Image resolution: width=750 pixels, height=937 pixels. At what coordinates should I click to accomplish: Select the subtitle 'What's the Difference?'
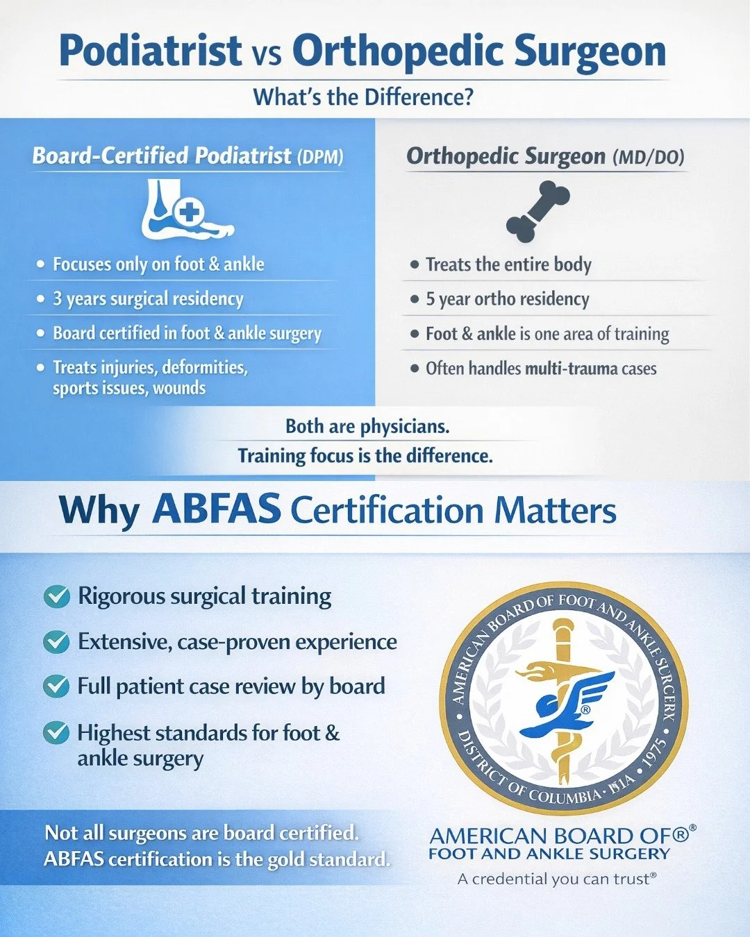(362, 96)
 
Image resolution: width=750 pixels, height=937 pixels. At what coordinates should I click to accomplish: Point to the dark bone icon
(538, 211)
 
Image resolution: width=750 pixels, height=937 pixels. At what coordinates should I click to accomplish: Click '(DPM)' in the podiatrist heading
(320, 157)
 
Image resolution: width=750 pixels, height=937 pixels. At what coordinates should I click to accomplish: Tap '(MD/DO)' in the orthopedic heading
(649, 158)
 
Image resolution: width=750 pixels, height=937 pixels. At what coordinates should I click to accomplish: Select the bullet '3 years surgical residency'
(148, 299)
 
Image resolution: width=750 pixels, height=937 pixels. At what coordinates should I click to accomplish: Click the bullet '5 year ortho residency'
(507, 299)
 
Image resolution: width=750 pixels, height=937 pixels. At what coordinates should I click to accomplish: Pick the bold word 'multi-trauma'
(572, 369)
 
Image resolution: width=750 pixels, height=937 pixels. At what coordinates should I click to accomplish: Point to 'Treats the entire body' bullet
(508, 264)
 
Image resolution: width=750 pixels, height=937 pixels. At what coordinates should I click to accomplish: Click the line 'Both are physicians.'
(367, 426)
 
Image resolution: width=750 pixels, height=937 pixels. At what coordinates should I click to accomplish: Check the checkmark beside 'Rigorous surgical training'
(56, 596)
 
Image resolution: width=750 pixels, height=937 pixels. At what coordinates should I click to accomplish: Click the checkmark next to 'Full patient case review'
(56, 686)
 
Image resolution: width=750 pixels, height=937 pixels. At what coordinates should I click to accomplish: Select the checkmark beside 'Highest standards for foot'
(56, 733)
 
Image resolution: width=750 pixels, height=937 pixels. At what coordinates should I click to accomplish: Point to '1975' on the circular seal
(652, 754)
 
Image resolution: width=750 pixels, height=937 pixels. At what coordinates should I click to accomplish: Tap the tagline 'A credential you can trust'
(557, 879)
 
